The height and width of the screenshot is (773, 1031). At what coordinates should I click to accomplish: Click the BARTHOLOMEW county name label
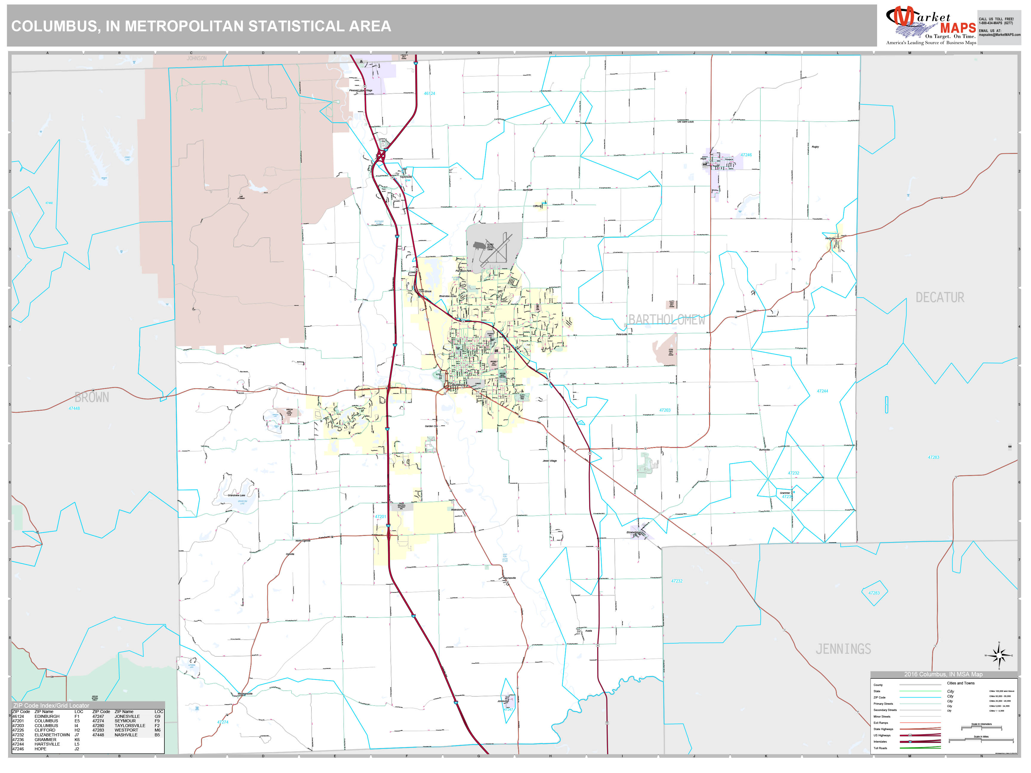tap(666, 320)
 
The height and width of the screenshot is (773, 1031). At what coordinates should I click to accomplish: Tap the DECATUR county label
tap(940, 297)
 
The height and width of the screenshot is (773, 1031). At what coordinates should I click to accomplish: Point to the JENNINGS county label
tap(843, 649)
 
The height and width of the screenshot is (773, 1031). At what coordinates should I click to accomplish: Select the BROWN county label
tap(92, 398)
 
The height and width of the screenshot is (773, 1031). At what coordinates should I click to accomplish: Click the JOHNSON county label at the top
tap(197, 58)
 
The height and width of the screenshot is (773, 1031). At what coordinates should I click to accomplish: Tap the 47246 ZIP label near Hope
tap(746, 155)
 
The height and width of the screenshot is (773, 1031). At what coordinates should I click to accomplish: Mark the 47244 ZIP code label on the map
tap(822, 391)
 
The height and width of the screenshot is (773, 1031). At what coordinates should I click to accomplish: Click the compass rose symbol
tap(998, 655)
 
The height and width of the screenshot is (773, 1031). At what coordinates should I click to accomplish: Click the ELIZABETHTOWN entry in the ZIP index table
tap(52, 735)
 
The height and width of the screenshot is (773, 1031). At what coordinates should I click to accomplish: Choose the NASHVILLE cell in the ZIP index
tap(126, 735)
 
